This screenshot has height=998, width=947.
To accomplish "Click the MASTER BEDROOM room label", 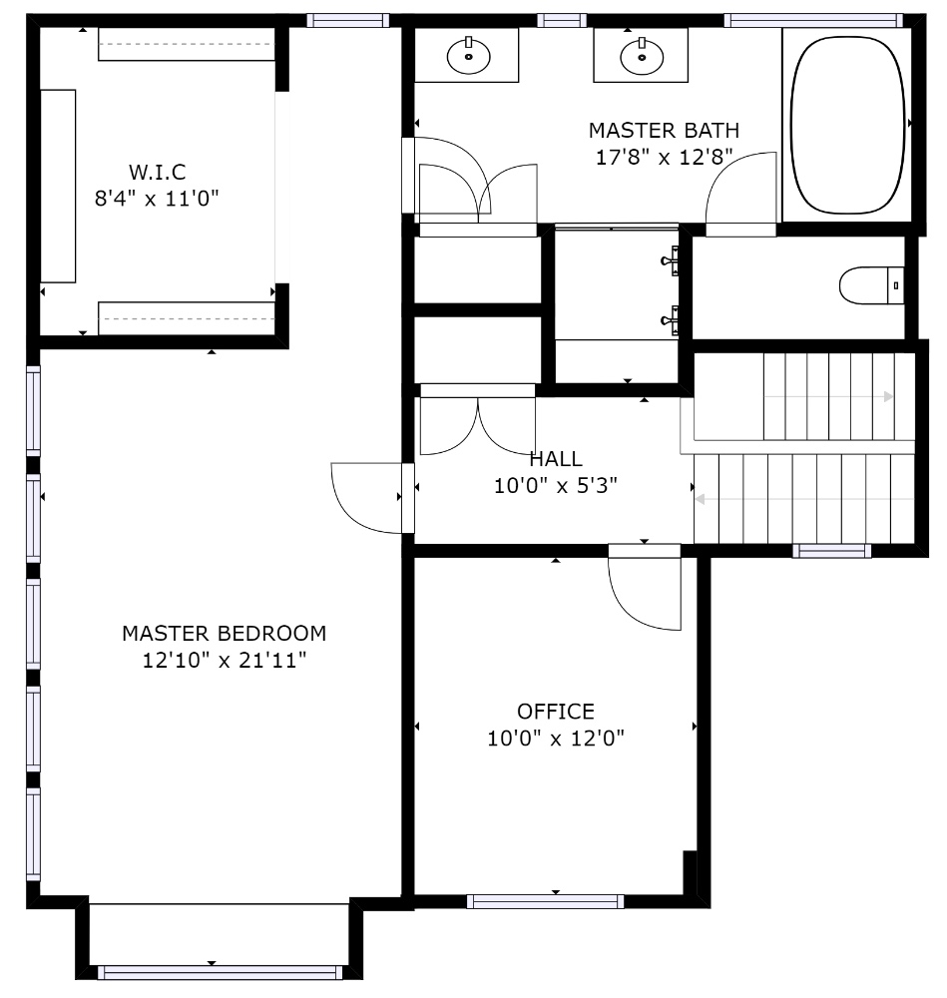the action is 224,634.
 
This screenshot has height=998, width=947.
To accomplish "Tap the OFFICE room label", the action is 556,711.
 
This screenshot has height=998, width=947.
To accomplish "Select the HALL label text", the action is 556,459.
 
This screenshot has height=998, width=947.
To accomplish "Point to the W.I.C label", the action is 158,172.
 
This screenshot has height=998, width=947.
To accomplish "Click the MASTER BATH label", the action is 664,131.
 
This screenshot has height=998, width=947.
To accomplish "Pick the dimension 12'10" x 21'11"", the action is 224,660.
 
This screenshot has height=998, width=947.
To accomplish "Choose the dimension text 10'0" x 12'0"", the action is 556,739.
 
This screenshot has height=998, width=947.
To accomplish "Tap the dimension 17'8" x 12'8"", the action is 664,158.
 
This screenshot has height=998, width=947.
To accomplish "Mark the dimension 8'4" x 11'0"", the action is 157,199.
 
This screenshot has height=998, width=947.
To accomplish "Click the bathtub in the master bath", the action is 847,125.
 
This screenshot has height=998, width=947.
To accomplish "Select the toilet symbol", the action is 871,285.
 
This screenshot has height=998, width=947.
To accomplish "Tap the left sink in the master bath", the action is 468,56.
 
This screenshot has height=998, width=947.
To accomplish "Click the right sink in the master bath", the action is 642,57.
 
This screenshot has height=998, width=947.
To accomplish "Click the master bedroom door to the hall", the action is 373,498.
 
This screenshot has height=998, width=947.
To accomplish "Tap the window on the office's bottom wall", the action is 546,901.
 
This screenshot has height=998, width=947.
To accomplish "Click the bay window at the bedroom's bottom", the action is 220,972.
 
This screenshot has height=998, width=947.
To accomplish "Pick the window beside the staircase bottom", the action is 832,551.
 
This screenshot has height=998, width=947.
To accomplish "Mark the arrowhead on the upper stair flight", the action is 889,396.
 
